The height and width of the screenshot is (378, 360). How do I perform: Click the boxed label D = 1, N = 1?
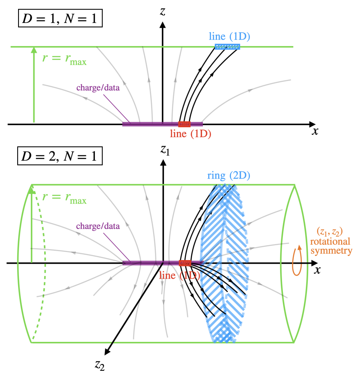[x=60, y=18]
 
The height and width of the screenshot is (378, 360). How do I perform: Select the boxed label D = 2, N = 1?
[x=60, y=156]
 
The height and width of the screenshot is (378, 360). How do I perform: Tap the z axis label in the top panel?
[x=163, y=12]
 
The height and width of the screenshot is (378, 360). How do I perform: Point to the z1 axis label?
[x=165, y=150]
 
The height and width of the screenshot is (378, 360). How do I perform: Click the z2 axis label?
[x=100, y=365]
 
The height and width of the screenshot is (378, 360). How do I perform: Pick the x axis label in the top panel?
[x=315, y=131]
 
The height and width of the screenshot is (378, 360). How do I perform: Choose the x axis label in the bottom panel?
[x=317, y=270]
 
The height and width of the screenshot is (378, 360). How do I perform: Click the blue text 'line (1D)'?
[x=229, y=37]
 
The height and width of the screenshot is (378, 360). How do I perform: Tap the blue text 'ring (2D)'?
[x=229, y=175]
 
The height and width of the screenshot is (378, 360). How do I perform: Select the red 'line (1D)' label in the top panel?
[x=190, y=134]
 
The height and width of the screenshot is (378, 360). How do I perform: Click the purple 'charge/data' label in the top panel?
[x=98, y=87]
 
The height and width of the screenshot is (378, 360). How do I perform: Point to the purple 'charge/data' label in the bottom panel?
[x=98, y=226]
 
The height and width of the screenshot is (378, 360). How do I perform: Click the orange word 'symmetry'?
[x=331, y=251]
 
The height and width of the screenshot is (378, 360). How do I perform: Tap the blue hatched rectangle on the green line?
[x=227, y=47]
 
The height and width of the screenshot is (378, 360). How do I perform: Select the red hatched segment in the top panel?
[x=184, y=124]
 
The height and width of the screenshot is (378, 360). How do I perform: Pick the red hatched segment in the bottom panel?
[x=185, y=263]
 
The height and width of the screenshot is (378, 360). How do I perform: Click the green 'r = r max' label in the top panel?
[x=64, y=59]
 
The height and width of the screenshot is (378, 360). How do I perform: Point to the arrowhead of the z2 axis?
[x=107, y=352]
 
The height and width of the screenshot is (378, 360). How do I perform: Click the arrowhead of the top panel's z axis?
[x=163, y=25]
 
